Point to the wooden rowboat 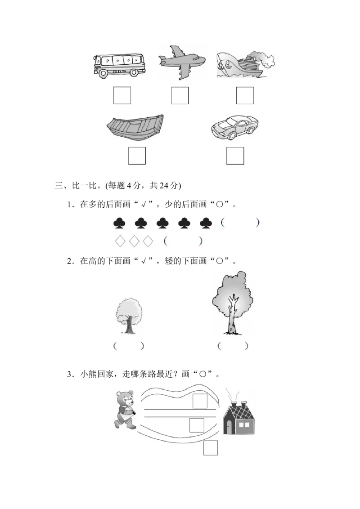[135, 127]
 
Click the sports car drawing [234, 126]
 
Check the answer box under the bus [122, 95]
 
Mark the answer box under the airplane [180, 95]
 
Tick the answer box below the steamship [245, 95]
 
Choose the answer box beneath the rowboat [137, 156]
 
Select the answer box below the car [235, 156]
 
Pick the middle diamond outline [134, 241]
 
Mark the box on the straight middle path [197, 425]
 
